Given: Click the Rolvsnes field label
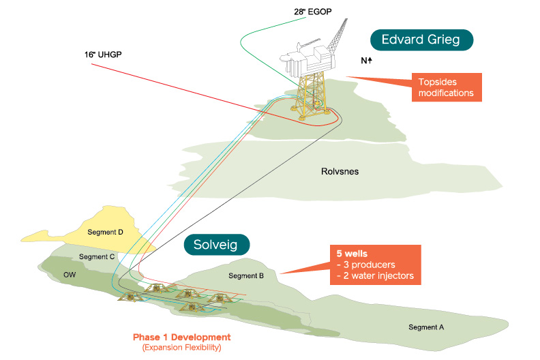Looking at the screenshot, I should click(x=339, y=172).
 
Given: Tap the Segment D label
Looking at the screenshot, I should click(x=105, y=232).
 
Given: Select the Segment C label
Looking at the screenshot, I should click(x=97, y=256).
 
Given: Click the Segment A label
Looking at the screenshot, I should click(x=426, y=327).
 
